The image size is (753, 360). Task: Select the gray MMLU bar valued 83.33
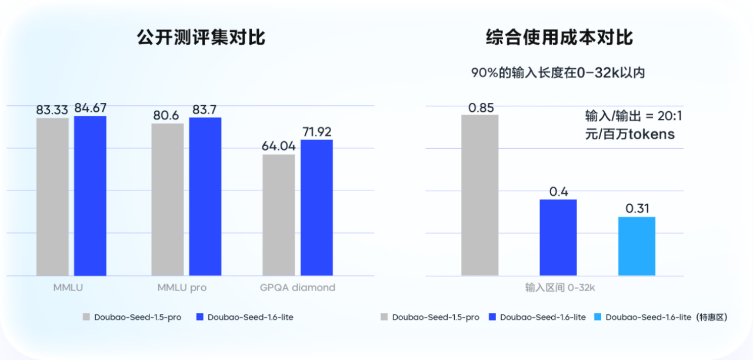(52, 196)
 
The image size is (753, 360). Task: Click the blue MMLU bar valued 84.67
(90, 195)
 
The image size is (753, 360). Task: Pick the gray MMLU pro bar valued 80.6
(167, 199)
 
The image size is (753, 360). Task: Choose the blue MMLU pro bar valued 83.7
(205, 196)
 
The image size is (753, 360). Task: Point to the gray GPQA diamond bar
(278, 215)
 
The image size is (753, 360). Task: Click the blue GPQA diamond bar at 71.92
(316, 207)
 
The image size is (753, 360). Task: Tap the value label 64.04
(278, 146)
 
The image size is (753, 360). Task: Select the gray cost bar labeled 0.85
(480, 195)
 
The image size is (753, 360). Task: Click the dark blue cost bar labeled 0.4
(558, 237)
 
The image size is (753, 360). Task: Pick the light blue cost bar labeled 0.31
(637, 246)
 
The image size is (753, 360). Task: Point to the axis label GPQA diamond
(298, 288)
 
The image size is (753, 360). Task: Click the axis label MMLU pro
(182, 288)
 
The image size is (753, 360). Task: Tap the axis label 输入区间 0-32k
(561, 288)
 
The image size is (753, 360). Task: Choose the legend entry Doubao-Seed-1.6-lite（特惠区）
(667, 317)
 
